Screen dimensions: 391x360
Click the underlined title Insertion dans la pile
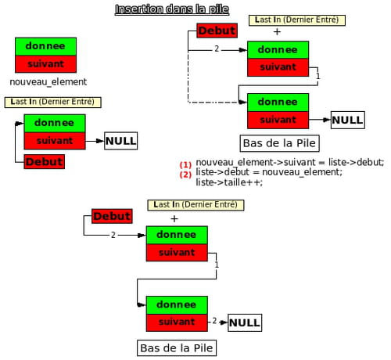pyautogui.click(x=172, y=9)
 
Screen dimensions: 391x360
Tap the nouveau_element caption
pyautogui.click(x=48, y=82)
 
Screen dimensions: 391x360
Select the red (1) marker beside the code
pyautogui.click(x=185, y=165)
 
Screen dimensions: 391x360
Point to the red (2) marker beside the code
pyautogui.click(x=185, y=175)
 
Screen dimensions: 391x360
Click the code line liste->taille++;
pyautogui.click(x=229, y=182)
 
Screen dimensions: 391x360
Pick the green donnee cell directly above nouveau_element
pyautogui.click(x=45, y=46)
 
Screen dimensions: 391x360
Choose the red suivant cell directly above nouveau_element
pyautogui.click(x=45, y=64)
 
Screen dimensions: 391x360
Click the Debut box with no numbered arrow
pyautogui.click(x=45, y=162)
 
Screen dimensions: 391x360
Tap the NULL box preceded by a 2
pyautogui.click(x=245, y=322)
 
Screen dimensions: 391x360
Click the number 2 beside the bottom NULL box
pyautogui.click(x=214, y=321)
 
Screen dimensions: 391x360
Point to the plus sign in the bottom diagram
pyautogui.click(x=174, y=218)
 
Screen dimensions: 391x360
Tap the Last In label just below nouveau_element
pyautogui.click(x=52, y=102)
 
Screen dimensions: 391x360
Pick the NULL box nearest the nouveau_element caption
pyautogui.click(x=121, y=141)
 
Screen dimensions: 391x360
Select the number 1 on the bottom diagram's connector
pyautogui.click(x=217, y=265)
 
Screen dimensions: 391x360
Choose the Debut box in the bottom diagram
pyautogui.click(x=112, y=216)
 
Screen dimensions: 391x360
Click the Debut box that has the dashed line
pyautogui.click(x=217, y=31)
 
